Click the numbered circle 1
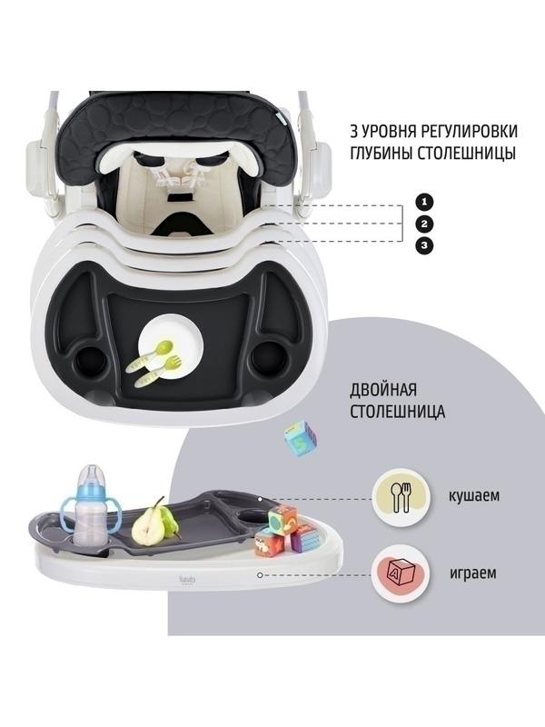click(x=424, y=202)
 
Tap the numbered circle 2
click(x=424, y=224)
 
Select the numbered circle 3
click(x=424, y=245)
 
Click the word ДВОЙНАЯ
click(x=383, y=390)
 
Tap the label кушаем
click(x=473, y=495)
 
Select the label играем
click(x=472, y=573)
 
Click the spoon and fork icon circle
click(x=401, y=497)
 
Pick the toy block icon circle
click(x=401, y=573)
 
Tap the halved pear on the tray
click(x=154, y=522)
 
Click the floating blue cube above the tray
click(x=301, y=438)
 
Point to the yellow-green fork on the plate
click(x=157, y=371)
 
